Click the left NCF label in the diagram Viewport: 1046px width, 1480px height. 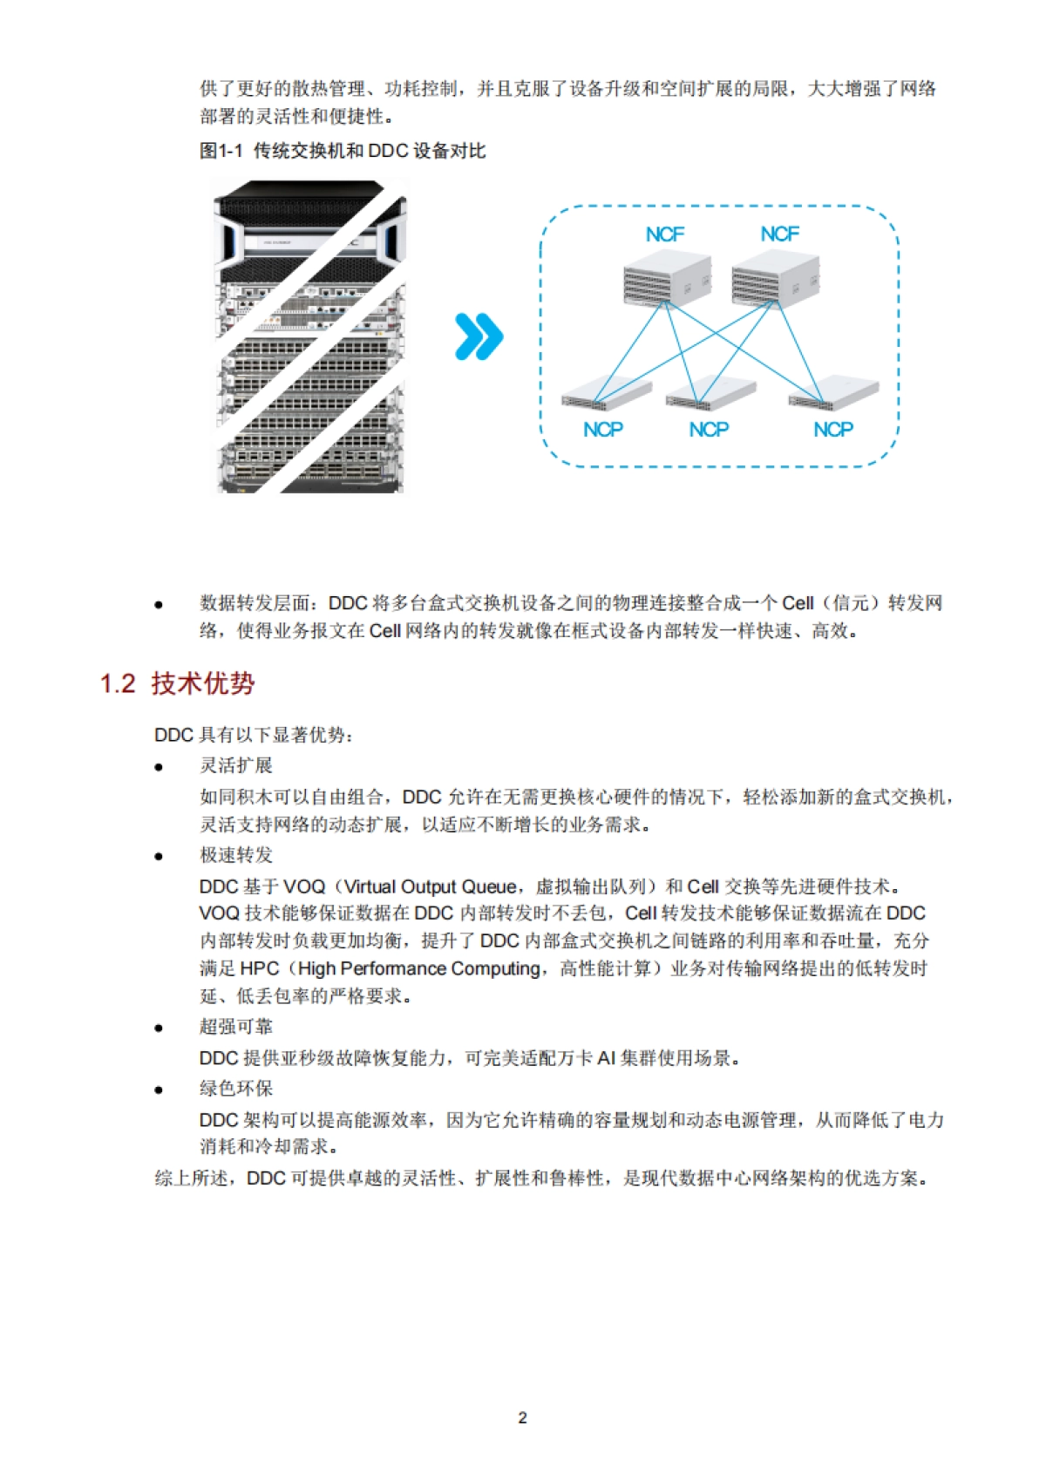coord(665,234)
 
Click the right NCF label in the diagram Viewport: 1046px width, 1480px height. coord(779,234)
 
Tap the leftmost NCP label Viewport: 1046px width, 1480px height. coord(603,430)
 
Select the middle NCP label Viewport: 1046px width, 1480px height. coord(709,430)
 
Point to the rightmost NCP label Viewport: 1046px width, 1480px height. coord(833,430)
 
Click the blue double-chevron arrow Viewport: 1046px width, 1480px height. coord(479,337)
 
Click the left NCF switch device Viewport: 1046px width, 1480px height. coord(668,278)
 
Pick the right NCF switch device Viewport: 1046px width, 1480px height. coord(775,278)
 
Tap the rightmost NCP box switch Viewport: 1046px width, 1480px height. coord(833,393)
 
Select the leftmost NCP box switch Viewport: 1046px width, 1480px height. coord(606,395)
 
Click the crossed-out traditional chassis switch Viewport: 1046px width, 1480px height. coord(310,337)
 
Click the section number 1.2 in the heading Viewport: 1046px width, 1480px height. coord(118,683)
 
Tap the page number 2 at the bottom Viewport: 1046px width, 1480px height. coord(522,1418)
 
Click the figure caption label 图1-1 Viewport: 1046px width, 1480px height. coord(221,151)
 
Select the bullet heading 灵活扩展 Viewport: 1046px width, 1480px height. coord(236,765)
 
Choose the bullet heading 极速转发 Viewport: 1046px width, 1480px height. coord(236,855)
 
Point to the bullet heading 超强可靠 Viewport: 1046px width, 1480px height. coord(236,1027)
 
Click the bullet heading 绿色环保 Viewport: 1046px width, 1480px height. coord(236,1089)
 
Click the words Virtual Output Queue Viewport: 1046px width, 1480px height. coord(431,886)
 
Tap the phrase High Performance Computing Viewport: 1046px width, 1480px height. coord(419,968)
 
